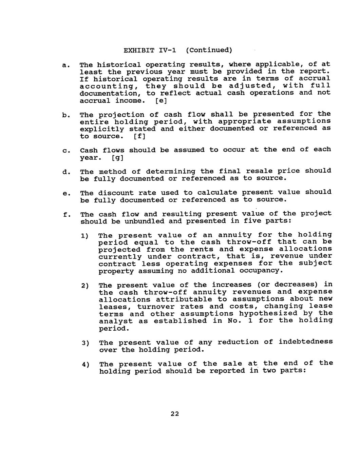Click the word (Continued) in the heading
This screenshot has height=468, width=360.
(x=209, y=51)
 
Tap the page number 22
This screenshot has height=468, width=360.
(x=175, y=414)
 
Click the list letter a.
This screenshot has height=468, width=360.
(x=64, y=65)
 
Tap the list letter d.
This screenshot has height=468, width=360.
(x=64, y=172)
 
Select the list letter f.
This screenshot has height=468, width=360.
(x=64, y=215)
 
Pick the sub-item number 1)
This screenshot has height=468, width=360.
(x=84, y=236)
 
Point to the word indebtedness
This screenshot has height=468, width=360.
(x=306, y=342)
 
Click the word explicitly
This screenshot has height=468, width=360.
(x=102, y=129)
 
